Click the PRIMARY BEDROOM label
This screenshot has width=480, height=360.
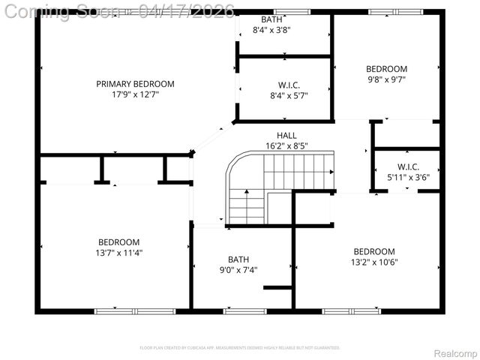(135, 84)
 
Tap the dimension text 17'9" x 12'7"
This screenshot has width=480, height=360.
(135, 94)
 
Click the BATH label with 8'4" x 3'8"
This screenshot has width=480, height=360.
(271, 19)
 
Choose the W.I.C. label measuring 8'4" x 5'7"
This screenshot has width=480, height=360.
(288, 85)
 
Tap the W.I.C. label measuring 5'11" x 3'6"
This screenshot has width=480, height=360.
(408, 166)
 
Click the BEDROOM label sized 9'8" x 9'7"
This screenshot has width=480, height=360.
(387, 69)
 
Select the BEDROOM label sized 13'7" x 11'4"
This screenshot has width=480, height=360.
(118, 242)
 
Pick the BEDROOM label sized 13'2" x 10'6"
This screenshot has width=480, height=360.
(374, 251)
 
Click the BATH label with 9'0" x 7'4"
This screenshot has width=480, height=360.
(238, 259)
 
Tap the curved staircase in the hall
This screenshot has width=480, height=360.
(277, 184)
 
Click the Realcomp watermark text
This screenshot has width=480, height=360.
(454, 353)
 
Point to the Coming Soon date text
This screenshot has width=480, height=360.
(120, 10)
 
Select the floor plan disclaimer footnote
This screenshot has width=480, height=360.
(240, 348)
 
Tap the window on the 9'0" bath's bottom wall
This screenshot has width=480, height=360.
(244, 310)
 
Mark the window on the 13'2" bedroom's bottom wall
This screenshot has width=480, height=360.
(351, 310)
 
